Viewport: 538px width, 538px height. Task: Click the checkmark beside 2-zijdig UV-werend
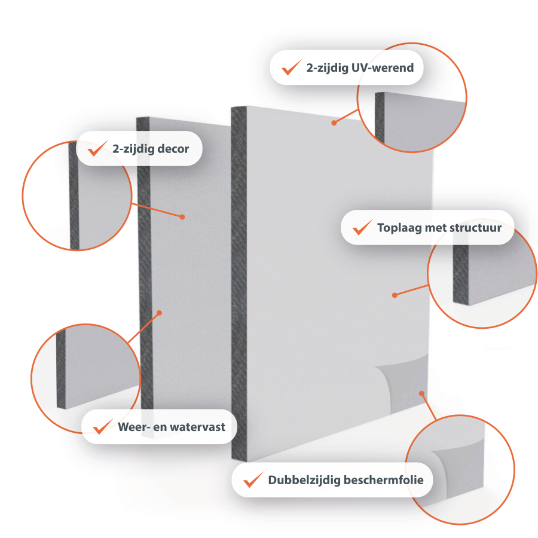(291, 67)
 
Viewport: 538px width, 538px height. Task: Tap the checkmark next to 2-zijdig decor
(97, 148)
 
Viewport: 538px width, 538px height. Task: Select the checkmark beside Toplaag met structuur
(362, 227)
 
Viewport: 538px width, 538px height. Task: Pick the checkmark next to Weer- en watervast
(103, 426)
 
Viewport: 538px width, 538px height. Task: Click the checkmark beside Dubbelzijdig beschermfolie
(253, 479)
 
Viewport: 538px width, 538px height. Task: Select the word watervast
(198, 427)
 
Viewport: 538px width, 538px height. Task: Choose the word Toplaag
(399, 228)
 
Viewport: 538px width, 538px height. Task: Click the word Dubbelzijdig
(304, 480)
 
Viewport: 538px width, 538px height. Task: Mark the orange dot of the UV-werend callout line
(334, 123)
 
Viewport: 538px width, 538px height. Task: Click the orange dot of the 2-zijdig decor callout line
(182, 217)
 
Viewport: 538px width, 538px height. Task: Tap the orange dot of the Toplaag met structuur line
(395, 295)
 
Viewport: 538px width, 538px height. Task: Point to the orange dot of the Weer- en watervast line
(159, 313)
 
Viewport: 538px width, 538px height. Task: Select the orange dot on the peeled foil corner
(421, 393)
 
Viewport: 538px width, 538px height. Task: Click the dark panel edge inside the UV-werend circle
(380, 117)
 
